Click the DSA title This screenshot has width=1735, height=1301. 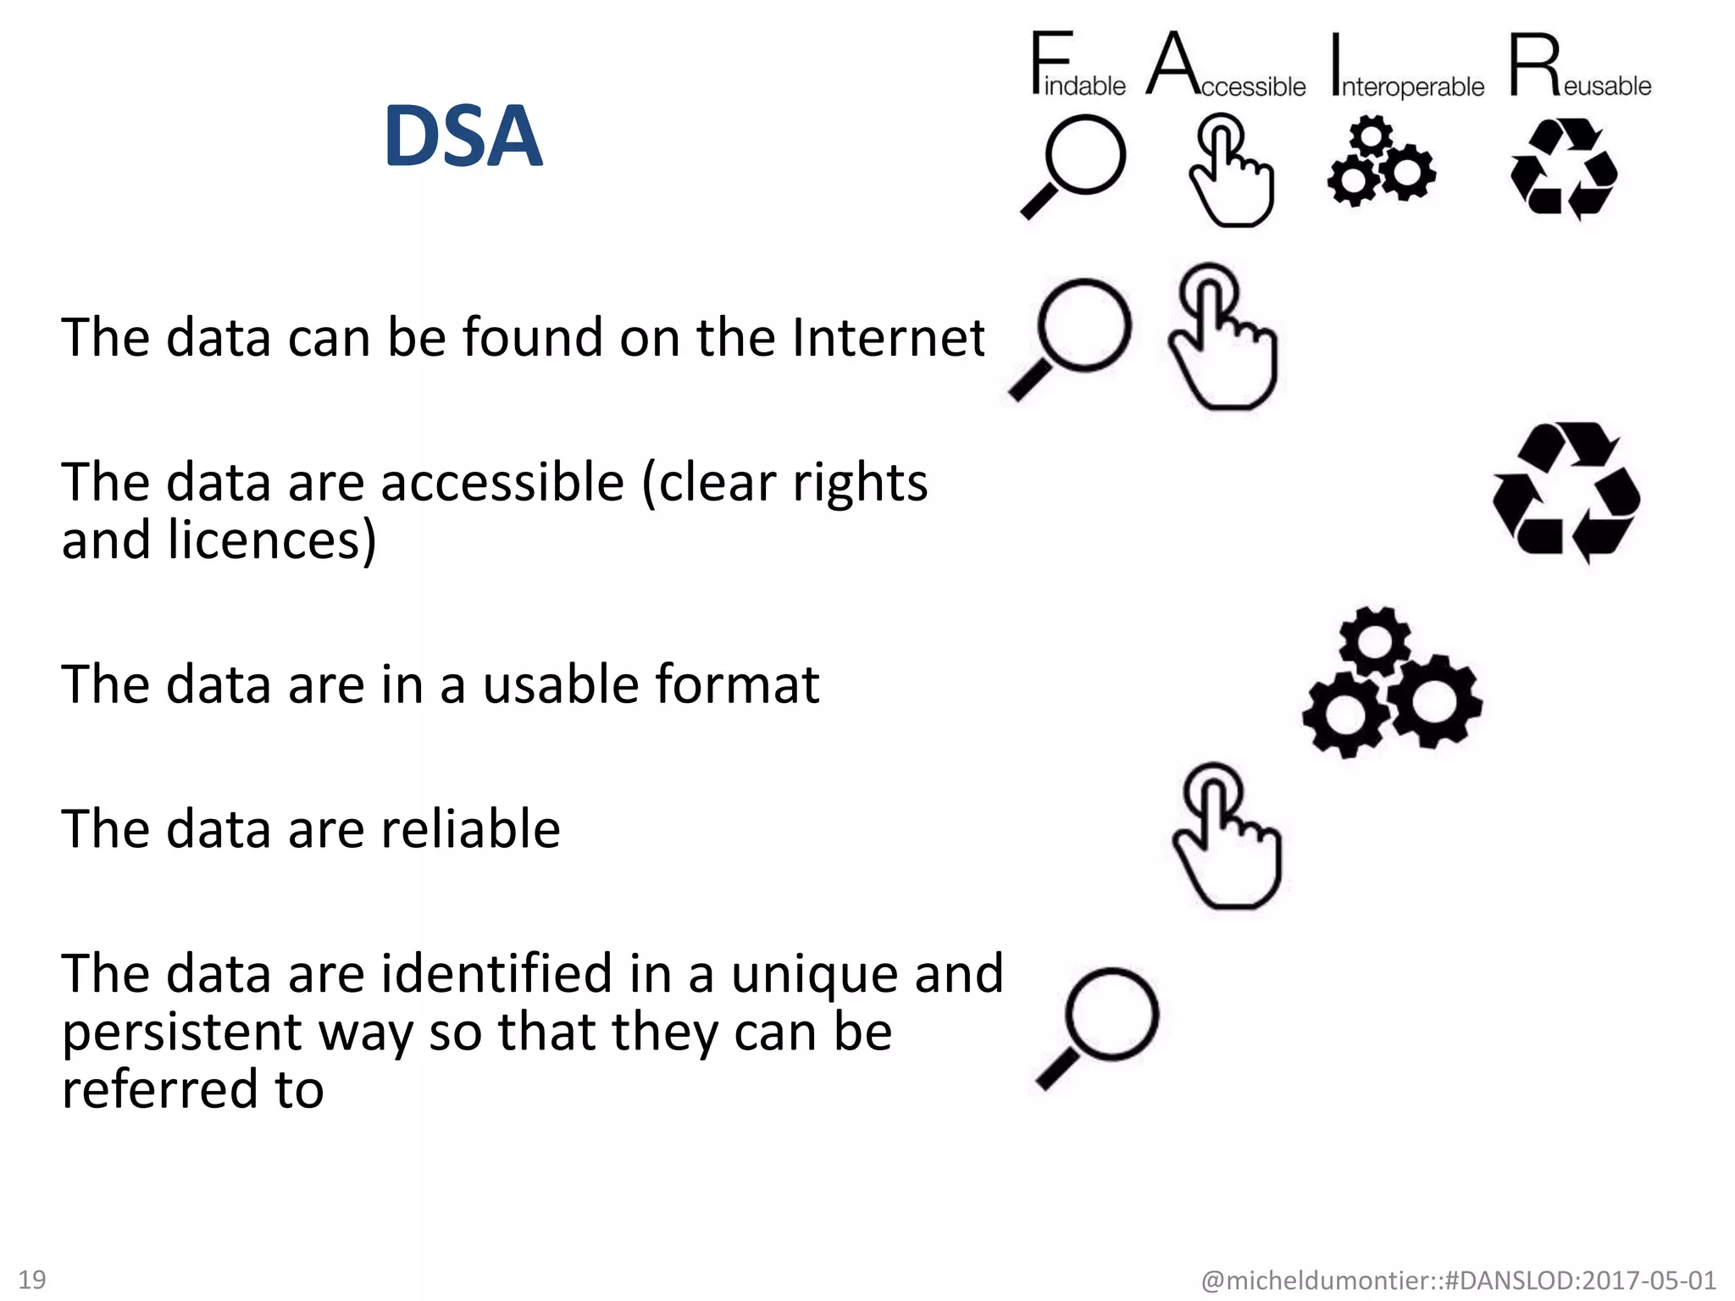tap(463, 136)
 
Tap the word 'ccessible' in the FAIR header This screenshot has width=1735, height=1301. tap(1253, 86)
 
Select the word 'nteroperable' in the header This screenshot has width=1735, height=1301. tap(1412, 86)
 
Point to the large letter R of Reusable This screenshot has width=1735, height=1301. tap(1534, 64)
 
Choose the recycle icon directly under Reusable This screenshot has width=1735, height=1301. tap(1564, 168)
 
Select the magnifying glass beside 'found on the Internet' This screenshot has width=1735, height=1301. tap(1072, 338)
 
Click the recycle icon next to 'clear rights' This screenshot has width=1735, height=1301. tap(1566, 492)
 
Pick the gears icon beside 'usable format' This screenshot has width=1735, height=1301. tap(1392, 682)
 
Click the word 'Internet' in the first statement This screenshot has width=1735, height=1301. tap(889, 337)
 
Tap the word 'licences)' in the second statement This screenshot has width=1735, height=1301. tap(272, 540)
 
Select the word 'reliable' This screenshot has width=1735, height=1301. tap(470, 828)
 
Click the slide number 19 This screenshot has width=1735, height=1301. tap(32, 1279)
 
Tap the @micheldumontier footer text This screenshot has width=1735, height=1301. tap(1458, 1280)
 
